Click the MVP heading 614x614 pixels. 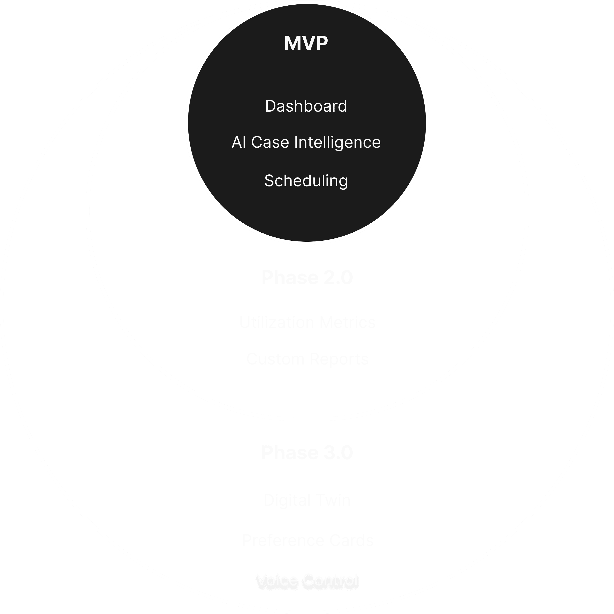pos(306,43)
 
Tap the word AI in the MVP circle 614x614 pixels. pos(239,142)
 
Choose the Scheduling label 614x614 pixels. pos(306,181)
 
